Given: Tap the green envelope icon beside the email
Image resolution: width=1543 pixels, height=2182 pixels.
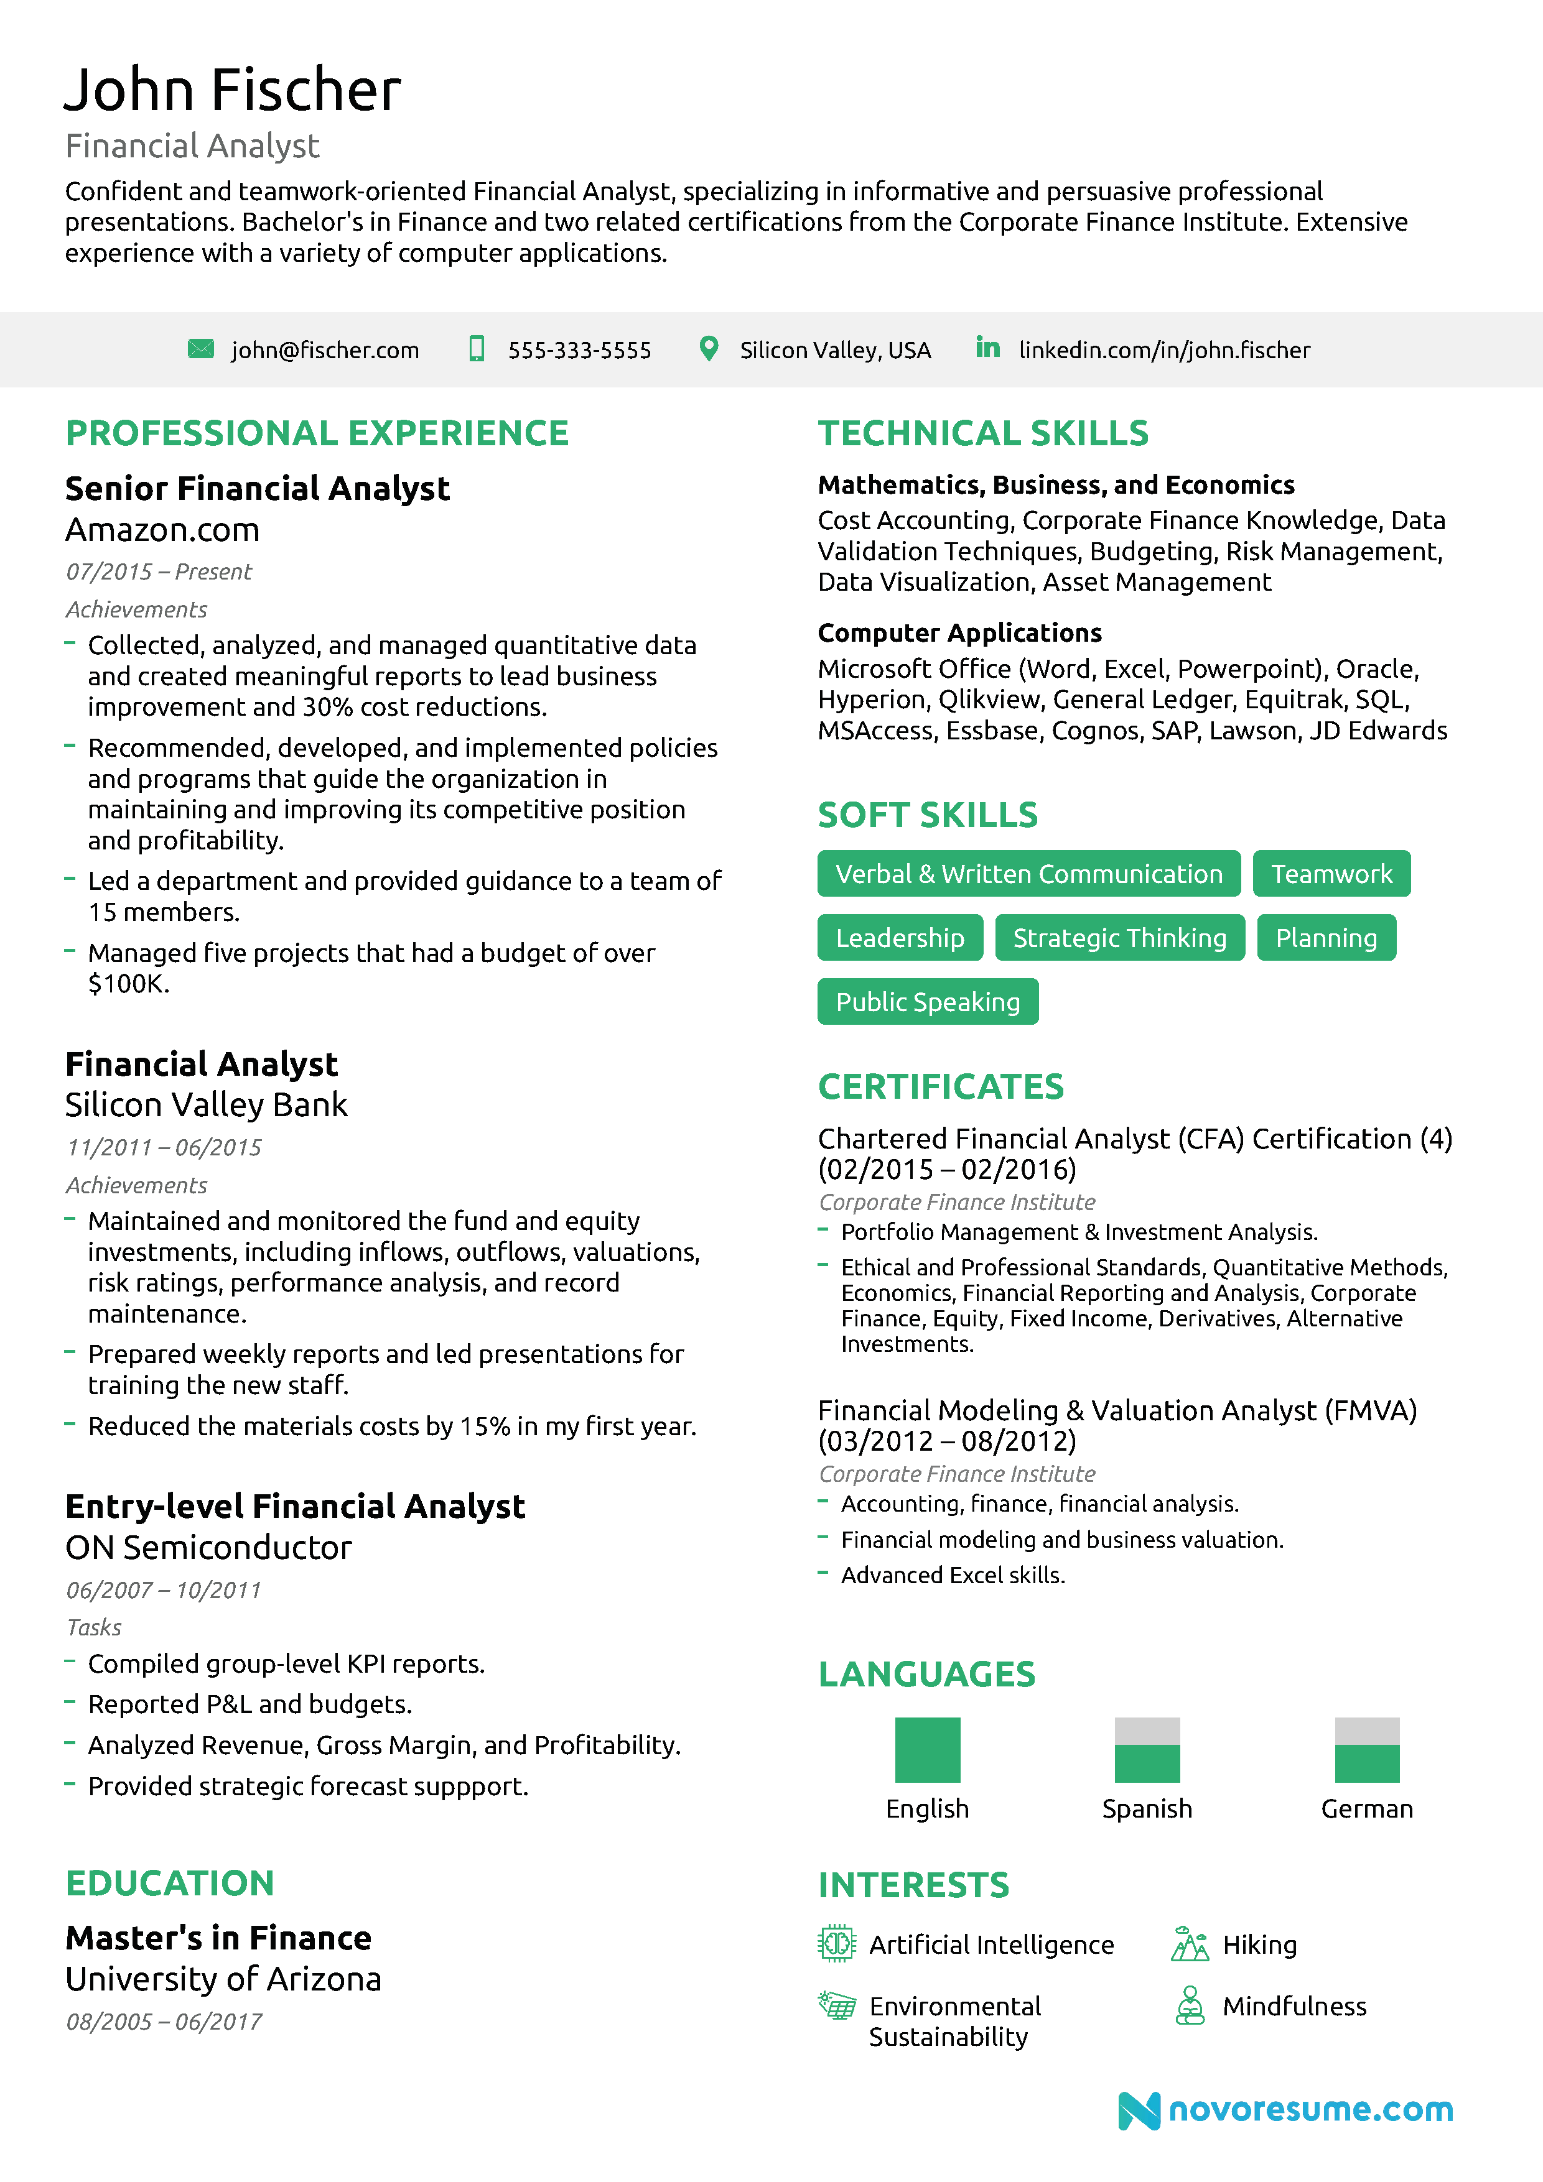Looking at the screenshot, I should coord(200,349).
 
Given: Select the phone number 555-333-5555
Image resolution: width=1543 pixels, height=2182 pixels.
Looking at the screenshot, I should coord(579,351).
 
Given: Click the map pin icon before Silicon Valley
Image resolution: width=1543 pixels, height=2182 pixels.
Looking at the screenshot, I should coord(708,349).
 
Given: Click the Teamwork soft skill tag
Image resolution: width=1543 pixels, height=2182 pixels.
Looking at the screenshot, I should coord(1331,874).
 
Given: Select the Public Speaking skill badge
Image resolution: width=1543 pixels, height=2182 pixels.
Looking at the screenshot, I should coord(927,1002).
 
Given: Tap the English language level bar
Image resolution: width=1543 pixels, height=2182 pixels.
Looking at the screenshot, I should coord(927,1750).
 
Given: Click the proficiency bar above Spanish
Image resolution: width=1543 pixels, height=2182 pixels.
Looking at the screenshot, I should coord(1147,1750).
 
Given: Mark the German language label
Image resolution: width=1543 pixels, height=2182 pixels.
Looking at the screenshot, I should coord(1366,1808).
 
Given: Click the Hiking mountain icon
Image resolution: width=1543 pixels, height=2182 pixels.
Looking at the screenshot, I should coord(1190,1944).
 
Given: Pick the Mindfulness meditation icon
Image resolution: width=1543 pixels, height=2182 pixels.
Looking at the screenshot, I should coord(1190,2006).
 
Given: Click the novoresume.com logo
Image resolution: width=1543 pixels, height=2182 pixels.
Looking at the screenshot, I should coord(1285,2110).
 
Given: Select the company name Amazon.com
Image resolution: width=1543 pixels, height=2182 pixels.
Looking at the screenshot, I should coord(162,530).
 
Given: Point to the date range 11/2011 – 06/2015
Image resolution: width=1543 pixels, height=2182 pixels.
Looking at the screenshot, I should coord(164,1147).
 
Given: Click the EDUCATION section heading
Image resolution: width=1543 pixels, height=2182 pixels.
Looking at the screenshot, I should coord(170,1883).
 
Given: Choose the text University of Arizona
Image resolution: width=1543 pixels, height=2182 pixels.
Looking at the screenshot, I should coord(223,1979).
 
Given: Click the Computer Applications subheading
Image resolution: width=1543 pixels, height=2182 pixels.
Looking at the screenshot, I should coord(959,633).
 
